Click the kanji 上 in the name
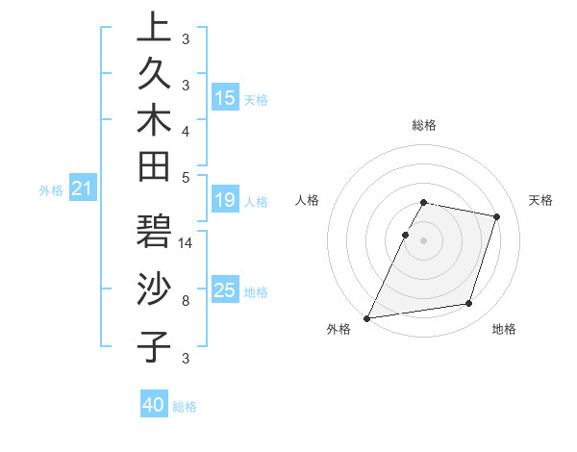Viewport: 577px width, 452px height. pos(154,30)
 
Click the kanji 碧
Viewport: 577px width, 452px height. pos(154,234)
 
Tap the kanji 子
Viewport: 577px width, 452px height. pos(154,345)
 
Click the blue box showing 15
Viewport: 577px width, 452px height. pos(225,97)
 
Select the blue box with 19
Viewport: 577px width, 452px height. pos(225,200)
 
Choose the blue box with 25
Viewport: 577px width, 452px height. pos(225,290)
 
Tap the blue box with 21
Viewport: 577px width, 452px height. pos(83,189)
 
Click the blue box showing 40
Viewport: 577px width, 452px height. pos(154,405)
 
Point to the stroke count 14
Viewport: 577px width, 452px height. pos(187,243)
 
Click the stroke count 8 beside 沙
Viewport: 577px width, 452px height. pos(185,300)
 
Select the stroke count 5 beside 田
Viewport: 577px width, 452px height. pos(185,176)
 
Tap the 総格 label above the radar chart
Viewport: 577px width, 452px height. pos(424,125)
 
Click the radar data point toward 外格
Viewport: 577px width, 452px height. pos(367,318)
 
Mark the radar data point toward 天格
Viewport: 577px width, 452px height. pos(497,216)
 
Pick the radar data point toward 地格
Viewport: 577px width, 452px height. pos(469,304)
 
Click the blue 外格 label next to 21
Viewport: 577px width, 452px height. pos(51,190)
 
